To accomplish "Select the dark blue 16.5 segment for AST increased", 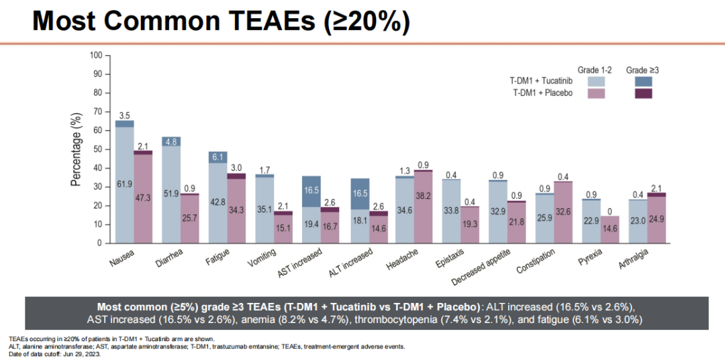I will click(311, 191).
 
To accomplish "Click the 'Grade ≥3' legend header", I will click(642, 70).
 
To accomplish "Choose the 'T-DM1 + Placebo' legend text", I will click(542, 93).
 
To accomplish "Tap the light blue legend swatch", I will click(596, 81).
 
